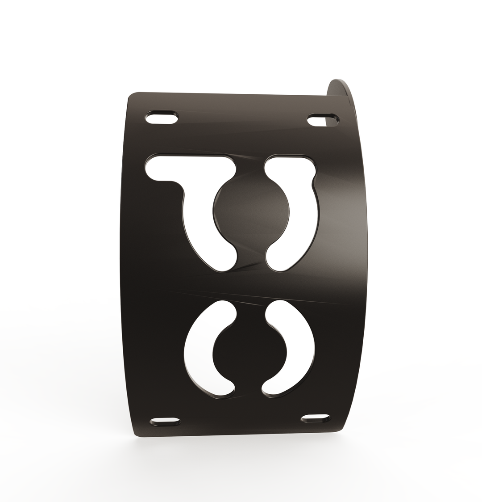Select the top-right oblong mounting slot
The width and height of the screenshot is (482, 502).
tap(323, 121)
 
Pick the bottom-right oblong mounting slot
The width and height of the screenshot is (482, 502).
tap(316, 418)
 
